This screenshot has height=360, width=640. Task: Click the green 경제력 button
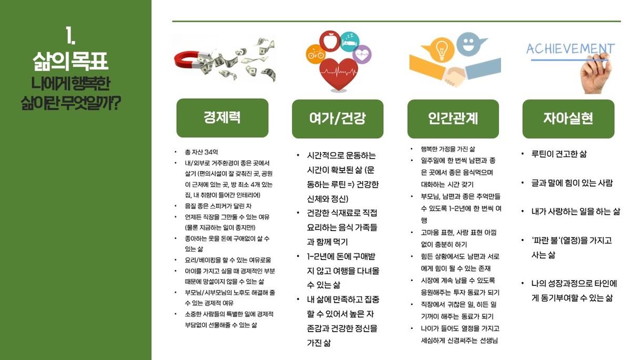222,118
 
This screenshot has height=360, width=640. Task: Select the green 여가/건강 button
337,119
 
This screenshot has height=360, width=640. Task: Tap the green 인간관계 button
453,119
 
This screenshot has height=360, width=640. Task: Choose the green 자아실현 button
568,119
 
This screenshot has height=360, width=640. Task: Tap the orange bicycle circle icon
315,54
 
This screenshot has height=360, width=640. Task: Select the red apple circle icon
329,41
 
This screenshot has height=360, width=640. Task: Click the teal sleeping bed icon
349,42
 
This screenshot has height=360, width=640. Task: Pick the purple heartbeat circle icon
362,54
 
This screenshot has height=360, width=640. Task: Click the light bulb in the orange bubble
442,49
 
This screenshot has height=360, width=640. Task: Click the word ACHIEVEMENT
571,49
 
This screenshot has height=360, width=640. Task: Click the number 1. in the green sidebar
71,35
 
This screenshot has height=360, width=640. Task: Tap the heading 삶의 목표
71,61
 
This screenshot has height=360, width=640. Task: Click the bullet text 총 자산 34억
201,152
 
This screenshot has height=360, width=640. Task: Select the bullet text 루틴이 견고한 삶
559,154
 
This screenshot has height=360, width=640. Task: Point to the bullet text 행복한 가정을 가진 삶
448,149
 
